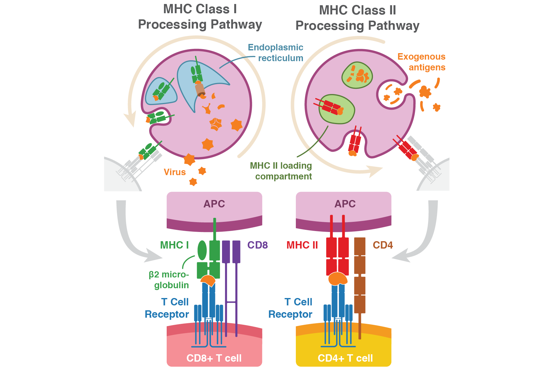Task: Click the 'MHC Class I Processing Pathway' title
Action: (x=200, y=17)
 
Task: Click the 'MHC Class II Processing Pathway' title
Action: (x=357, y=18)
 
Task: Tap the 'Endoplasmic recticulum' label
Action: (x=276, y=53)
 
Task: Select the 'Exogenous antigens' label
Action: (x=422, y=62)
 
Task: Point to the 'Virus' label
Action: (x=175, y=172)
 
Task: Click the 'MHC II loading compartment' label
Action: (x=281, y=171)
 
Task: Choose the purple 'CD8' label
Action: (x=258, y=245)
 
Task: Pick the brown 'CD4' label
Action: (x=383, y=245)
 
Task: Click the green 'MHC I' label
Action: (x=174, y=245)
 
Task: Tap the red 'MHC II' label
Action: (x=302, y=245)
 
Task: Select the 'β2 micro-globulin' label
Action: (x=169, y=280)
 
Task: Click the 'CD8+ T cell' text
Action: (x=214, y=358)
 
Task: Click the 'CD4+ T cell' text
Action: (x=345, y=358)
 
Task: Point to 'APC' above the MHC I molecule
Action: (x=214, y=204)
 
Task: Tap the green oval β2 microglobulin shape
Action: (x=202, y=250)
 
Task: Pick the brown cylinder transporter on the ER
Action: (x=200, y=90)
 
